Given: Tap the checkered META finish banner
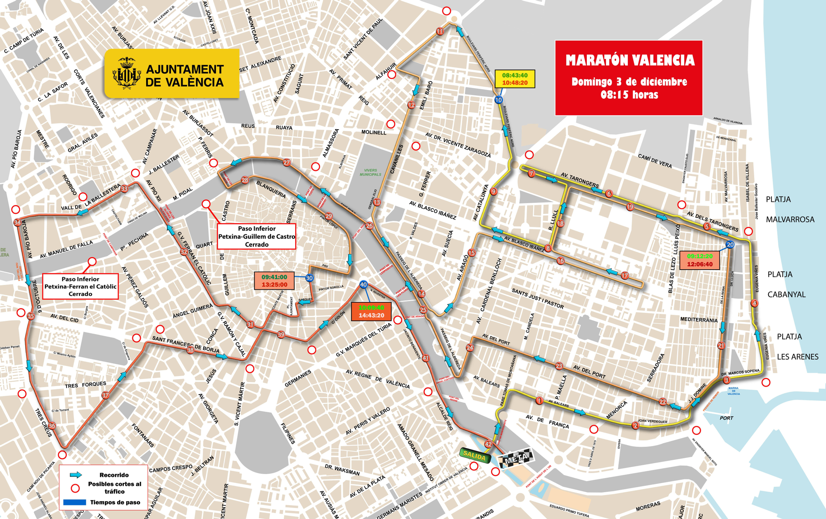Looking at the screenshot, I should click(x=516, y=458).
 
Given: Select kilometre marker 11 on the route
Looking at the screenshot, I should click(x=440, y=31).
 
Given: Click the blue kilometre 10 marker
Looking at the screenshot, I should click(x=498, y=100).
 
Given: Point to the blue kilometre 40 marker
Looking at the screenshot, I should click(x=363, y=284).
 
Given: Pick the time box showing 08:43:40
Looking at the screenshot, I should click(x=515, y=79).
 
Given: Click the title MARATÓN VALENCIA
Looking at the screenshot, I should click(x=630, y=61).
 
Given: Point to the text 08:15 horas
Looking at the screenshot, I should click(x=629, y=95).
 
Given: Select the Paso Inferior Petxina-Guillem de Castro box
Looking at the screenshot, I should click(x=256, y=236).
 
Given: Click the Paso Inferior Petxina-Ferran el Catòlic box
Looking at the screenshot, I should click(x=81, y=287).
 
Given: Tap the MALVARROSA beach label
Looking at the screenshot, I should click(x=790, y=220).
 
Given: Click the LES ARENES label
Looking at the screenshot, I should click(x=798, y=357).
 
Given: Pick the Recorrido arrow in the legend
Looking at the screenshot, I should click(x=76, y=475).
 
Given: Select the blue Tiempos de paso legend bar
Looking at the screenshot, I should click(x=75, y=502).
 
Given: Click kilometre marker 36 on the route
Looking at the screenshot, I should click(x=52, y=426).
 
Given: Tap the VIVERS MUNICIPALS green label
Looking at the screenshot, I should click(x=370, y=172).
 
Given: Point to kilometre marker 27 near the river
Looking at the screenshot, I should click(x=287, y=162).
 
